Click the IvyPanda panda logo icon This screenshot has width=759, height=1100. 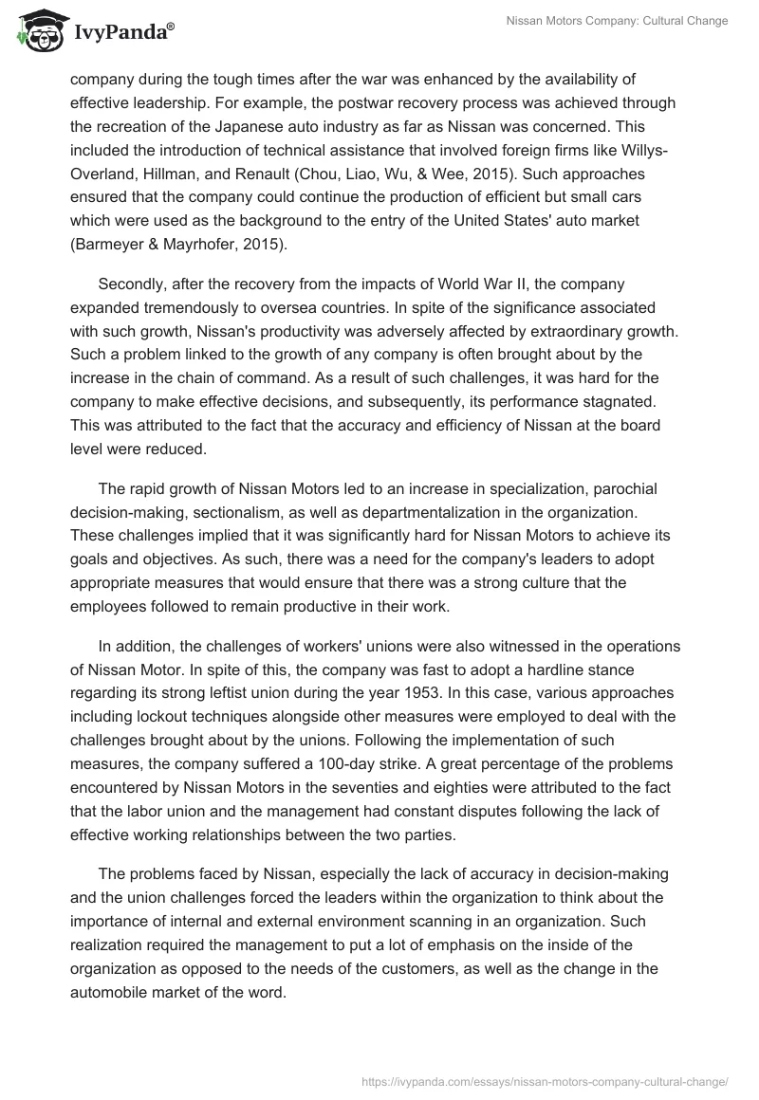(39, 32)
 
